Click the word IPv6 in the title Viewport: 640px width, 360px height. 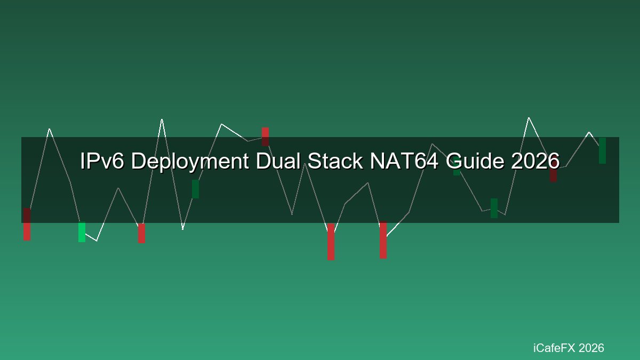pos(102,161)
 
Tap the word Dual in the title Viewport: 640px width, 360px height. pos(278,161)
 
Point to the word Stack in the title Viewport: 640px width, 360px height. pos(335,161)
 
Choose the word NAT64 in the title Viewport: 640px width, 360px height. pos(404,161)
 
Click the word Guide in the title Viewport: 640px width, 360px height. pos(475,161)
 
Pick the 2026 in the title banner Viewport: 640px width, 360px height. pos(535,161)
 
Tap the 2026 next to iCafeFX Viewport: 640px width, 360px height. pos(591,348)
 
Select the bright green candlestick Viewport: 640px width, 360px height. pos(82,233)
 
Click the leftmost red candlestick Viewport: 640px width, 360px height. pos(27,225)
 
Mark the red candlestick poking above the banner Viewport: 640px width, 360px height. pos(265,137)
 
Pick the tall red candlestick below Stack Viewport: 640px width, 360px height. pos(331,242)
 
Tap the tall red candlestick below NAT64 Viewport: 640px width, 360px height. pos(383,239)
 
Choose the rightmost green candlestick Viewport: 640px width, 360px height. pos(602,150)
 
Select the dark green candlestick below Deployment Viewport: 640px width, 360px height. pos(195,189)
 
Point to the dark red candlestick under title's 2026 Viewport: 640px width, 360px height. pos(554,175)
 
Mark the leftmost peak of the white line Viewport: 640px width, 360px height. pos(50,129)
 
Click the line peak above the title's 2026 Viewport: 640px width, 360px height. pos(529,117)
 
